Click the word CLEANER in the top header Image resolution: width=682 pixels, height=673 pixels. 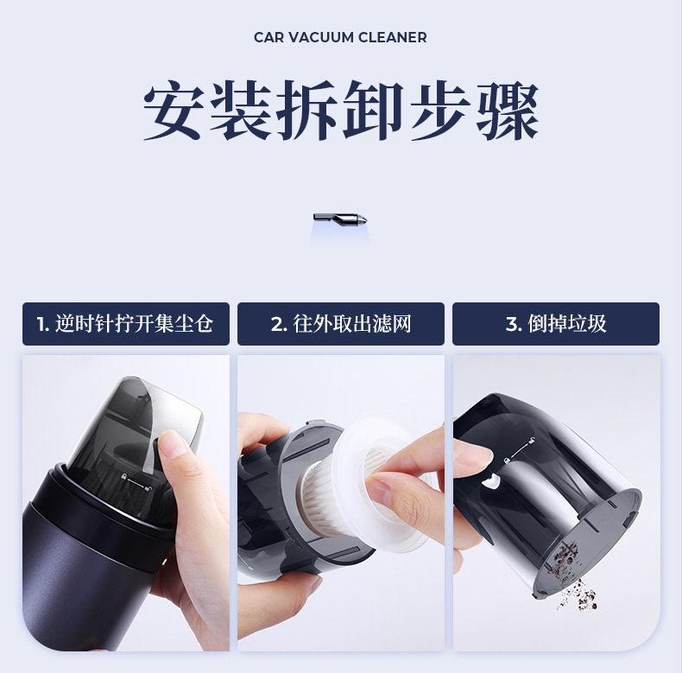pyautogui.click(x=393, y=37)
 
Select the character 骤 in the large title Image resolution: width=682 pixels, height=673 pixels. pyautogui.click(x=508, y=110)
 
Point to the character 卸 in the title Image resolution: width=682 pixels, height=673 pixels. pyautogui.click(x=373, y=110)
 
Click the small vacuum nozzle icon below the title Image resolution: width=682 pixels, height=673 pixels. pyautogui.click(x=340, y=218)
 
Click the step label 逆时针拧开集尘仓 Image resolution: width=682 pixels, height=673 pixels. pyautogui.click(x=134, y=324)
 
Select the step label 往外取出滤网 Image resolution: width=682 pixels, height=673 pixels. pyautogui.click(x=352, y=324)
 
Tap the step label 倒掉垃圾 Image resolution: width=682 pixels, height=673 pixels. pyautogui.click(x=567, y=324)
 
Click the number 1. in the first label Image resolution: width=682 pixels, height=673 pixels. pyautogui.click(x=42, y=324)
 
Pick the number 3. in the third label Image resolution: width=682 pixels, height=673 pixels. pyautogui.click(x=514, y=324)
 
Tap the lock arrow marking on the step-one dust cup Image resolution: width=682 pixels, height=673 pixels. pyautogui.click(x=136, y=482)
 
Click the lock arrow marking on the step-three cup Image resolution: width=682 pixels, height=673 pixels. pyautogui.click(x=519, y=451)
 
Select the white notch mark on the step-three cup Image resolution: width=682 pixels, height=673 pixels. pyautogui.click(x=489, y=481)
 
